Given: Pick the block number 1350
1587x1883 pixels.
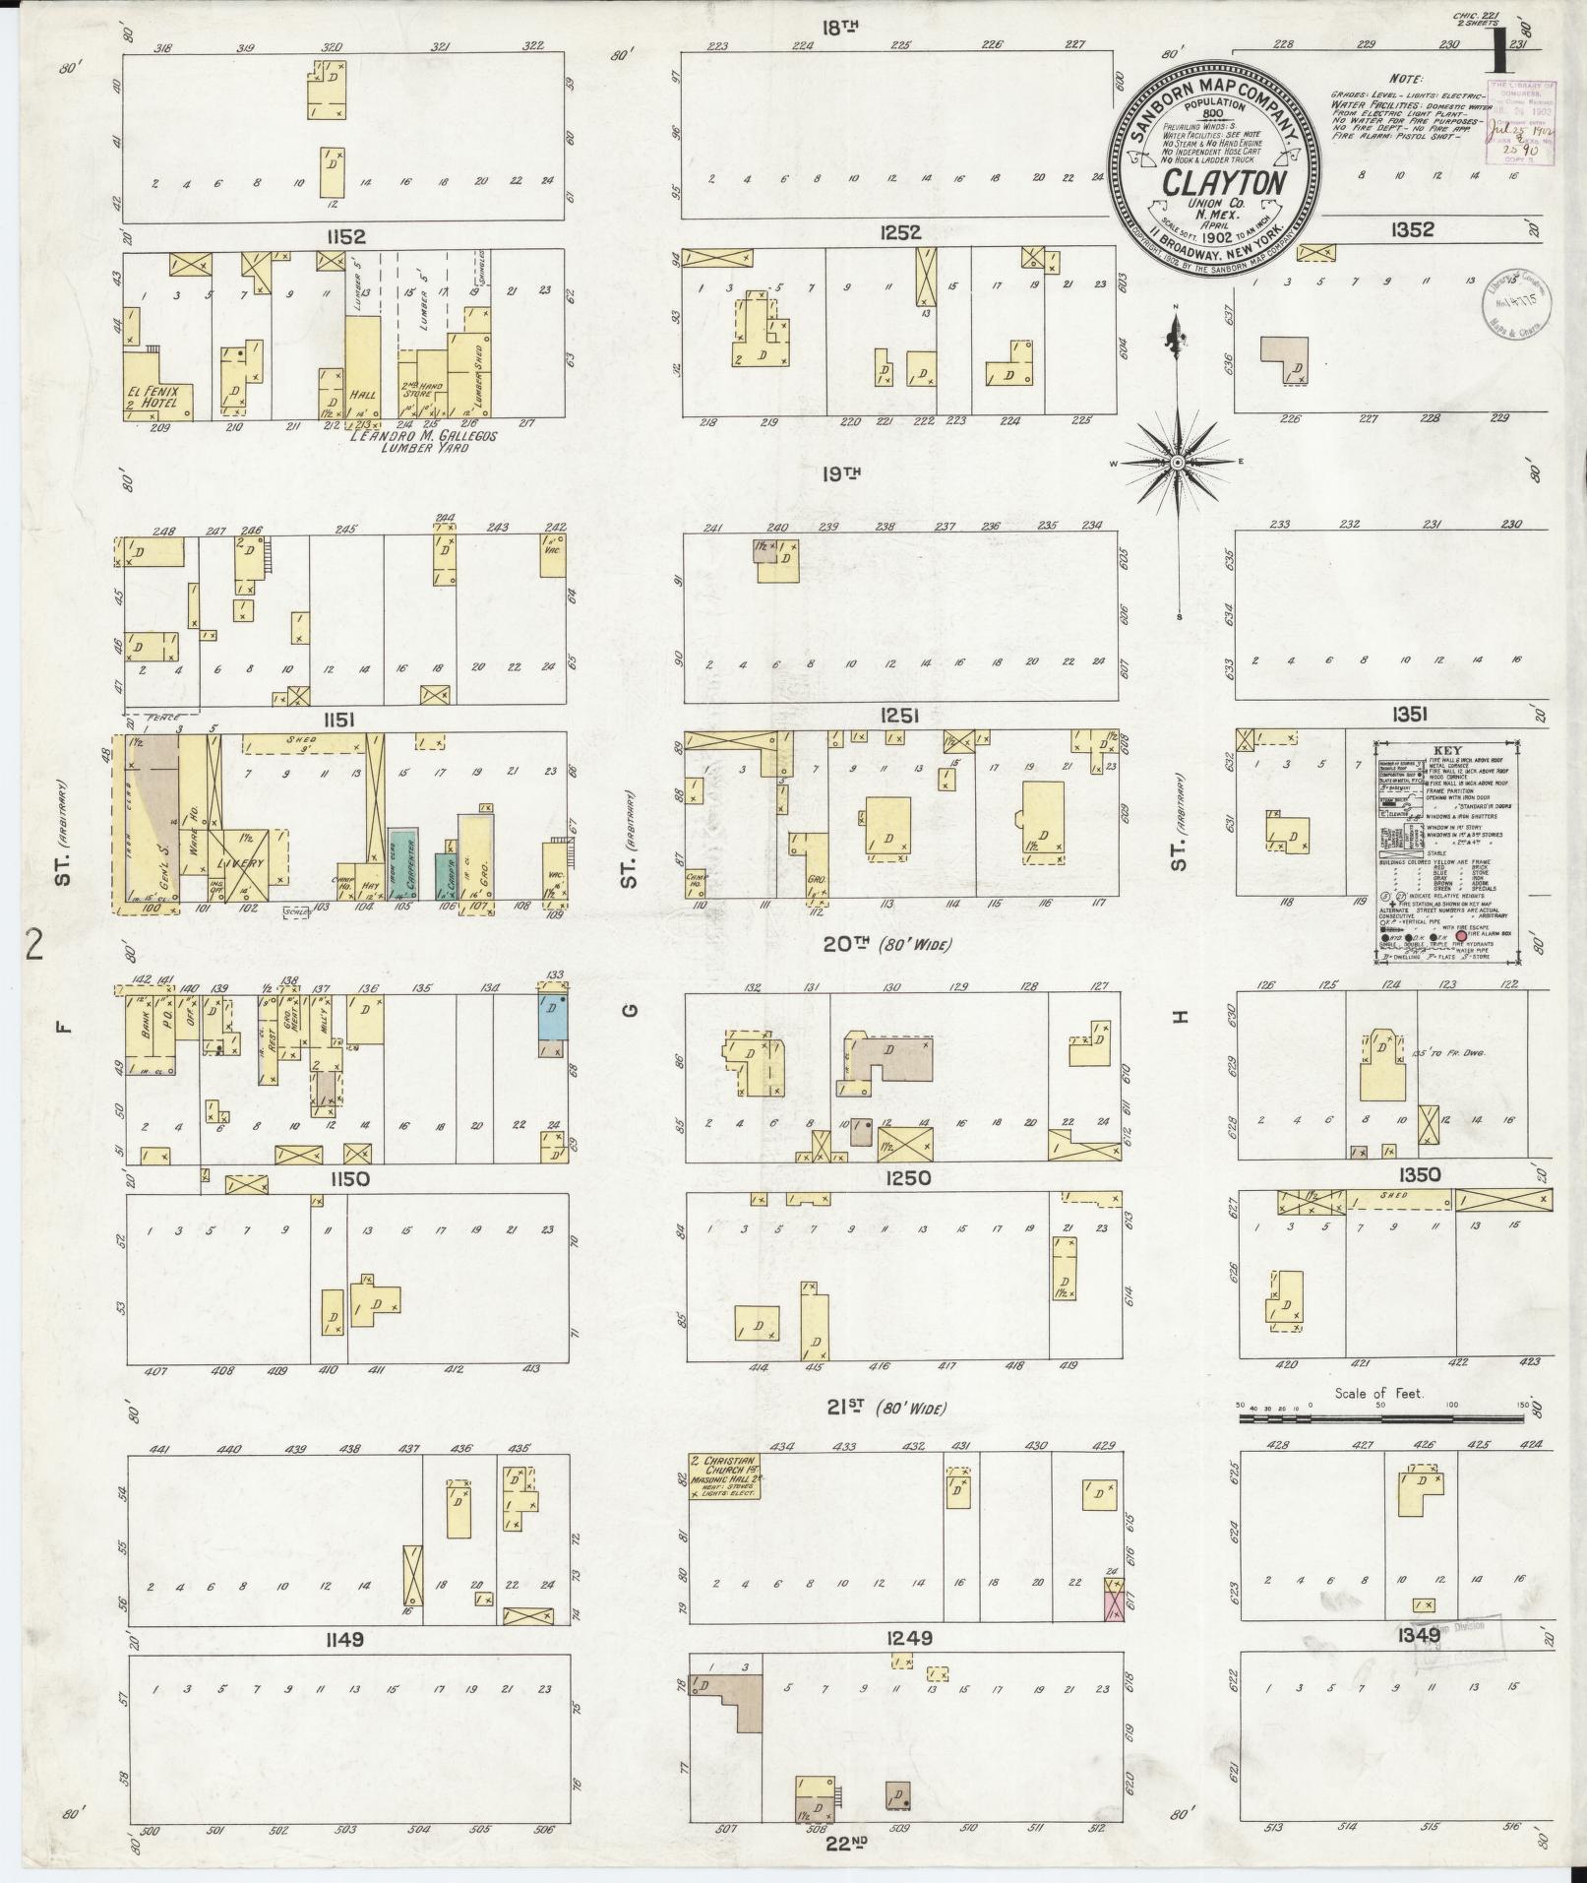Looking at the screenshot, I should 1418,1174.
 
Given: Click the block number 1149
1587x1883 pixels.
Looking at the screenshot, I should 342,1640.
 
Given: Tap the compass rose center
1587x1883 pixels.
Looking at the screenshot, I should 1177,462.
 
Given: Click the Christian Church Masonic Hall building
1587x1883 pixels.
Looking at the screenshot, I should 729,1477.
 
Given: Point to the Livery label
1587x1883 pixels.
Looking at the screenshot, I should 240,863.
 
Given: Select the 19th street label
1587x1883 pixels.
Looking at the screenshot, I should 842,473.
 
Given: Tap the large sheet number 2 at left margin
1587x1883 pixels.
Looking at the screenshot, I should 36,946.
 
